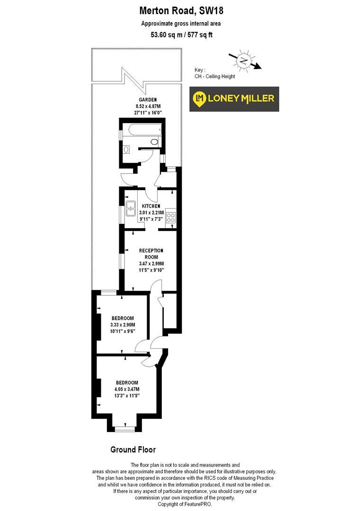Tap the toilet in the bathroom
(x=154, y=141)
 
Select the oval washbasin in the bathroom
(x=125, y=150)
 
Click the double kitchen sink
(x=131, y=210)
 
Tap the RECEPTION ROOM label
(x=151, y=254)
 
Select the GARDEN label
(x=145, y=100)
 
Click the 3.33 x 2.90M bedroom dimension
(x=123, y=325)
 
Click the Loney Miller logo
(x=234, y=98)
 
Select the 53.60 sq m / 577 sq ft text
(x=181, y=34)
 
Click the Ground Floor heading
(x=133, y=449)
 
